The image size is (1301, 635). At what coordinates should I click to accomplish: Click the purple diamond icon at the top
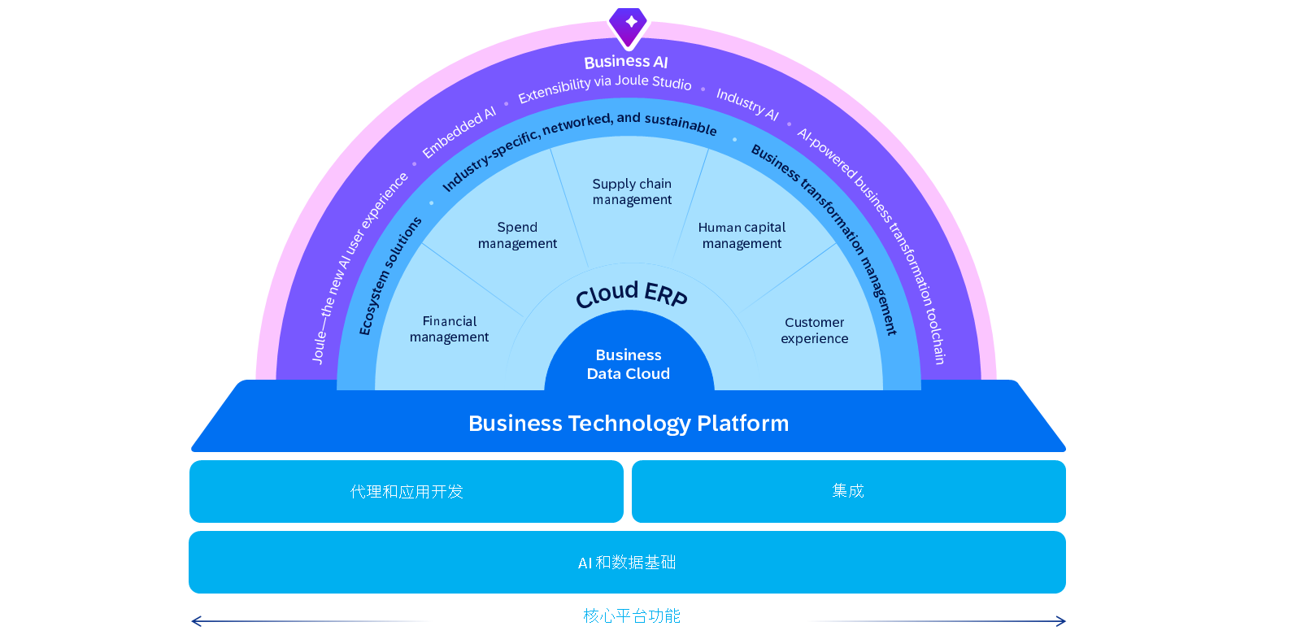pos(629,26)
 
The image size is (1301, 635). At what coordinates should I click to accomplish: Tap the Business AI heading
pos(626,62)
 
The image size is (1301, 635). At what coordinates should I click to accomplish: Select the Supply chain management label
pos(632,192)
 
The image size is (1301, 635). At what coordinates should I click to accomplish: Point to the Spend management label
pos(517,235)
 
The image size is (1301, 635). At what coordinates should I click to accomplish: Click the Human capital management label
pos(742,235)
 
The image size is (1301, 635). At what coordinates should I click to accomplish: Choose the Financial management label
pos(450,328)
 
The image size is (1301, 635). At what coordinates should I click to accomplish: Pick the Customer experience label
pos(814,330)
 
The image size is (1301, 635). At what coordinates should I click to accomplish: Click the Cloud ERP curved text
pos(631,294)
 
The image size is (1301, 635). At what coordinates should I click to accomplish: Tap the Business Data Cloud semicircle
pos(629,355)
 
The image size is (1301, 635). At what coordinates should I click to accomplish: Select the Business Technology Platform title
pos(629,423)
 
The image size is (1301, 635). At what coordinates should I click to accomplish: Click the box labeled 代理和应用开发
pos(407,492)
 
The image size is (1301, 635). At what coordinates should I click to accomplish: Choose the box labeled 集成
pos(849,492)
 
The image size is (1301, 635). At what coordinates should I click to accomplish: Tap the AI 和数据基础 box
pos(627,563)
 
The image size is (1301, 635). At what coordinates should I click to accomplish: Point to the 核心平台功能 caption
pos(632,615)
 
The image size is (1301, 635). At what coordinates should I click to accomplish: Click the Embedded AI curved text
pos(459,132)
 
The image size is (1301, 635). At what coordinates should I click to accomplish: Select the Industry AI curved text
pos(747,104)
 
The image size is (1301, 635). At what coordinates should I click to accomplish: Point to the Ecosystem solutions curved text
pos(389,276)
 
